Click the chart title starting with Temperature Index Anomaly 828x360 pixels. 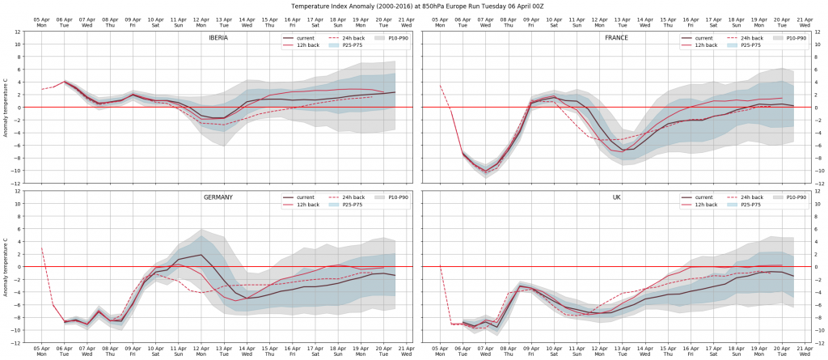pos(414,4)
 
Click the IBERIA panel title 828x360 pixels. pos(221,38)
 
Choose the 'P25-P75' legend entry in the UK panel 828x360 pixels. pos(749,205)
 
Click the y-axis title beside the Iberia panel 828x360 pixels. pos(6,108)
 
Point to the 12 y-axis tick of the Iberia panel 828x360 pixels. pos(18,32)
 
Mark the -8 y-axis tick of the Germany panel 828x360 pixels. pos(17,318)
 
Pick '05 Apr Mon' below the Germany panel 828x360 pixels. pos(41,351)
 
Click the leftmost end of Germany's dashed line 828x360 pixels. pos(41,248)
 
